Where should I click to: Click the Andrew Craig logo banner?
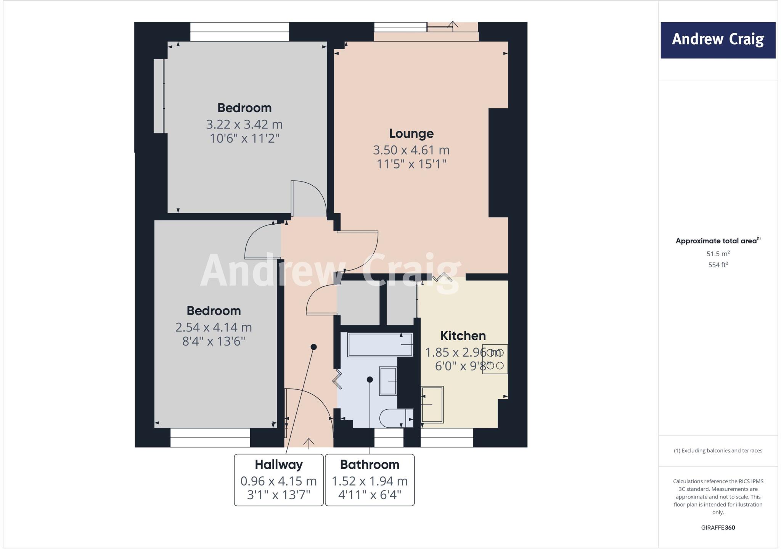[718, 40]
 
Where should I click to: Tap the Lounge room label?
[411, 133]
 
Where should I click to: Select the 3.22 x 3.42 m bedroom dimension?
[244, 124]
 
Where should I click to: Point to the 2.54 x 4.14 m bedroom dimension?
[214, 327]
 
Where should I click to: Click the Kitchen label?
[463, 336]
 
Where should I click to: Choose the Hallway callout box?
[279, 480]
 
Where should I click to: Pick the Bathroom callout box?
[370, 480]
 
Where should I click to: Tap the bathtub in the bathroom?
[380, 345]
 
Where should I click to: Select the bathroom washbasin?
[388, 381]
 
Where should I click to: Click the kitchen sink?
[432, 405]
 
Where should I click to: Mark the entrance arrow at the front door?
[309, 442]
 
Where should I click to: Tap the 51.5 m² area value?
[718, 254]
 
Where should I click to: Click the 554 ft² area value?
[718, 265]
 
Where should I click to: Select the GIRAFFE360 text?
[718, 527]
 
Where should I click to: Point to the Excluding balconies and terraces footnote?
[718, 450]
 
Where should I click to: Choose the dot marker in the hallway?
[313, 347]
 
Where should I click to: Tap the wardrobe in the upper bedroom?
[159, 96]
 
